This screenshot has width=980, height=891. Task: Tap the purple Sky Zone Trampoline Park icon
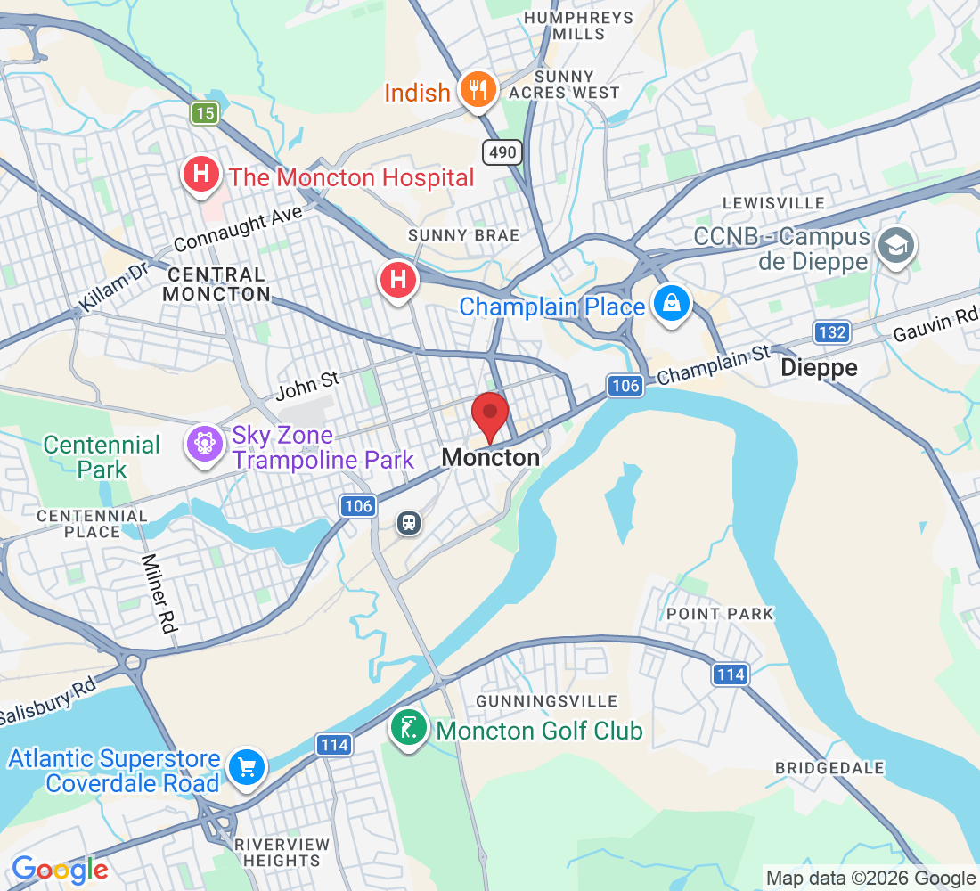pos(204,442)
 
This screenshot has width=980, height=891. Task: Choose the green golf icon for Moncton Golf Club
pos(409,729)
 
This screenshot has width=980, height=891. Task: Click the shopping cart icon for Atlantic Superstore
pos(246,766)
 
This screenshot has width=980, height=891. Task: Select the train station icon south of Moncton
pos(409,522)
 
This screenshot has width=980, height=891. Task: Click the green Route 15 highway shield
pos(204,112)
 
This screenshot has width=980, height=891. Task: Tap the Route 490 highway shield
pos(502,152)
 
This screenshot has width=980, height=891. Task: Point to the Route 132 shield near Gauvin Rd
pos(830,332)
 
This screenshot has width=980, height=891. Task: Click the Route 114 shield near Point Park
pos(730,674)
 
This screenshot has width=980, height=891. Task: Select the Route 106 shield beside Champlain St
pos(625,385)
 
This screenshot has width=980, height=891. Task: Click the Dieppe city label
pos(818,368)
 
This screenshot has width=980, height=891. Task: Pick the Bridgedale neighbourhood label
pos(829,768)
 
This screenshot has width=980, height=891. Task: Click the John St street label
pos(307,385)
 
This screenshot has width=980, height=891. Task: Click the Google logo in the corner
pos(60,870)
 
